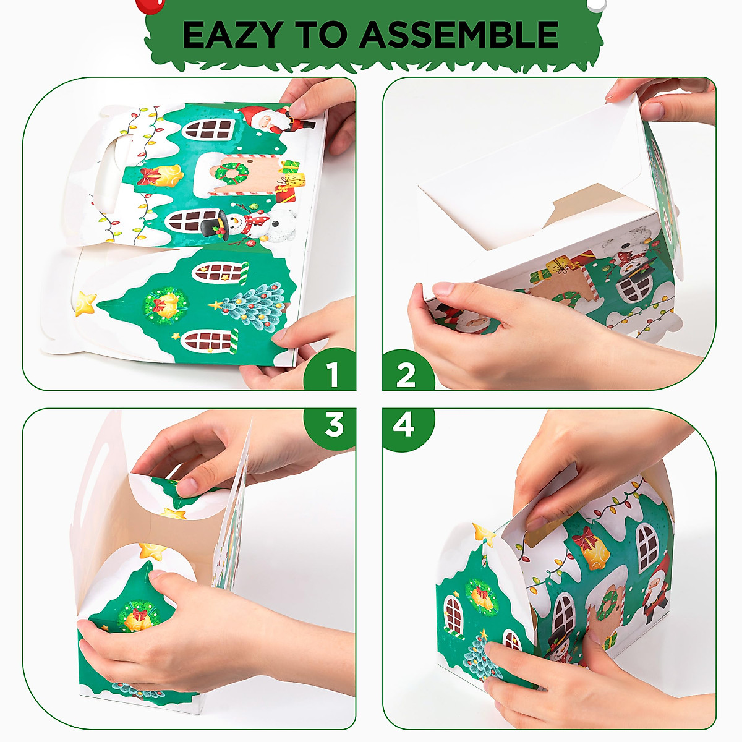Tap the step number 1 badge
click(x=333, y=374)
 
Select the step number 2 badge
click(x=406, y=374)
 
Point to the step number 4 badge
click(x=404, y=425)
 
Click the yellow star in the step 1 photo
click(x=85, y=303)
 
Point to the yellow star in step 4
click(x=484, y=534)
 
